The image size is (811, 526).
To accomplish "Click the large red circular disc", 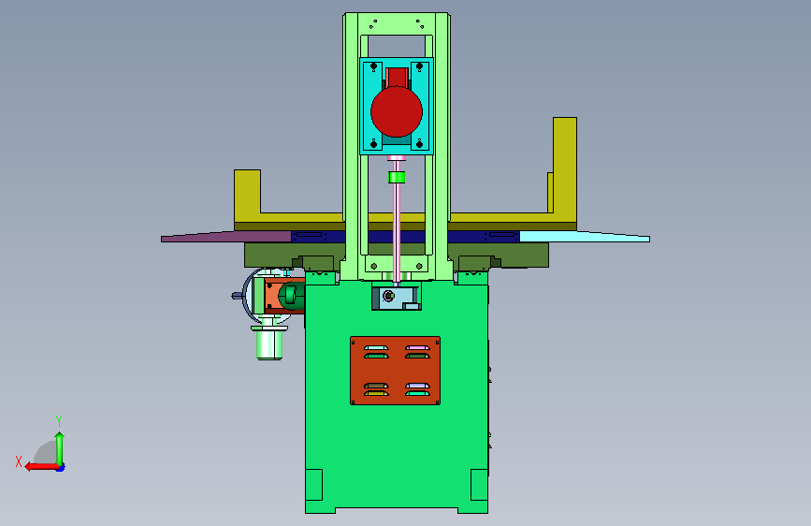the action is point(397,111).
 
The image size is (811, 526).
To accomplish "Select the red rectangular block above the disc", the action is point(397,77).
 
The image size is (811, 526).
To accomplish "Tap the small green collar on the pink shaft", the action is point(397,178).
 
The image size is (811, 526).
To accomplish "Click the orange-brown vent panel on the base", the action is point(395,371).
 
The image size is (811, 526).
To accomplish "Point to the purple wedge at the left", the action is point(226,237).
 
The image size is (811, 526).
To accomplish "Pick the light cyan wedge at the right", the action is point(585,237).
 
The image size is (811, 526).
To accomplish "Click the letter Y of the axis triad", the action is point(59,420).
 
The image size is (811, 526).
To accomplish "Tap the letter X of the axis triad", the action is point(19,461).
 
